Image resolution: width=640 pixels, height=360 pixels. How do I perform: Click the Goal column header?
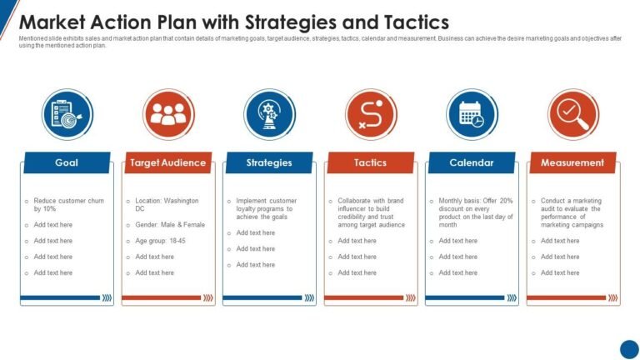(x=67, y=162)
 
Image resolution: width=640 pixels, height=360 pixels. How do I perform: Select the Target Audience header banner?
(x=167, y=162)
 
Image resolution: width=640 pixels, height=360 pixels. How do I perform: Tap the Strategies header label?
(x=269, y=162)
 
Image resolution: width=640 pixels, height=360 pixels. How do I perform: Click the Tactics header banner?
(x=370, y=162)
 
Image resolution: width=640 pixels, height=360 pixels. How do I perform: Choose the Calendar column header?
(x=472, y=162)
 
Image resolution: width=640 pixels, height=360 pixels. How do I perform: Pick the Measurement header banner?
(x=572, y=162)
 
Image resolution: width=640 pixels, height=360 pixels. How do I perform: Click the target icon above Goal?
(x=67, y=114)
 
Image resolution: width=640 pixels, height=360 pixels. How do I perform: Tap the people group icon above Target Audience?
(x=168, y=114)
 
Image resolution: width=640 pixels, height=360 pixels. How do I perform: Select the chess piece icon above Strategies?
(x=269, y=114)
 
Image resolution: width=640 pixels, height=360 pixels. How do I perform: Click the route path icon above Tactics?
(x=371, y=114)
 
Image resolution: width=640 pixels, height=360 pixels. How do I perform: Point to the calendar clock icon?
(x=472, y=114)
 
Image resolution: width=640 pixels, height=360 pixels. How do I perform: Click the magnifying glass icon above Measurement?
(x=573, y=114)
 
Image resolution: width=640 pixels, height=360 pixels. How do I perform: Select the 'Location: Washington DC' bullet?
(x=167, y=205)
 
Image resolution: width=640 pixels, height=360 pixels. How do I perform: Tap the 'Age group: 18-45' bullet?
(x=159, y=241)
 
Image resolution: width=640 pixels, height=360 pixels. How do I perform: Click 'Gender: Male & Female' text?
(x=169, y=225)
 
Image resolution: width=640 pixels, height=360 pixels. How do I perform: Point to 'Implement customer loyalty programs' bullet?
(x=266, y=208)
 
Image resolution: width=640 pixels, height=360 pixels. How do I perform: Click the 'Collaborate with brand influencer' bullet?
(x=371, y=212)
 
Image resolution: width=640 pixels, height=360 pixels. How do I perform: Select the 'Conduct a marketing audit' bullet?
(x=572, y=212)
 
